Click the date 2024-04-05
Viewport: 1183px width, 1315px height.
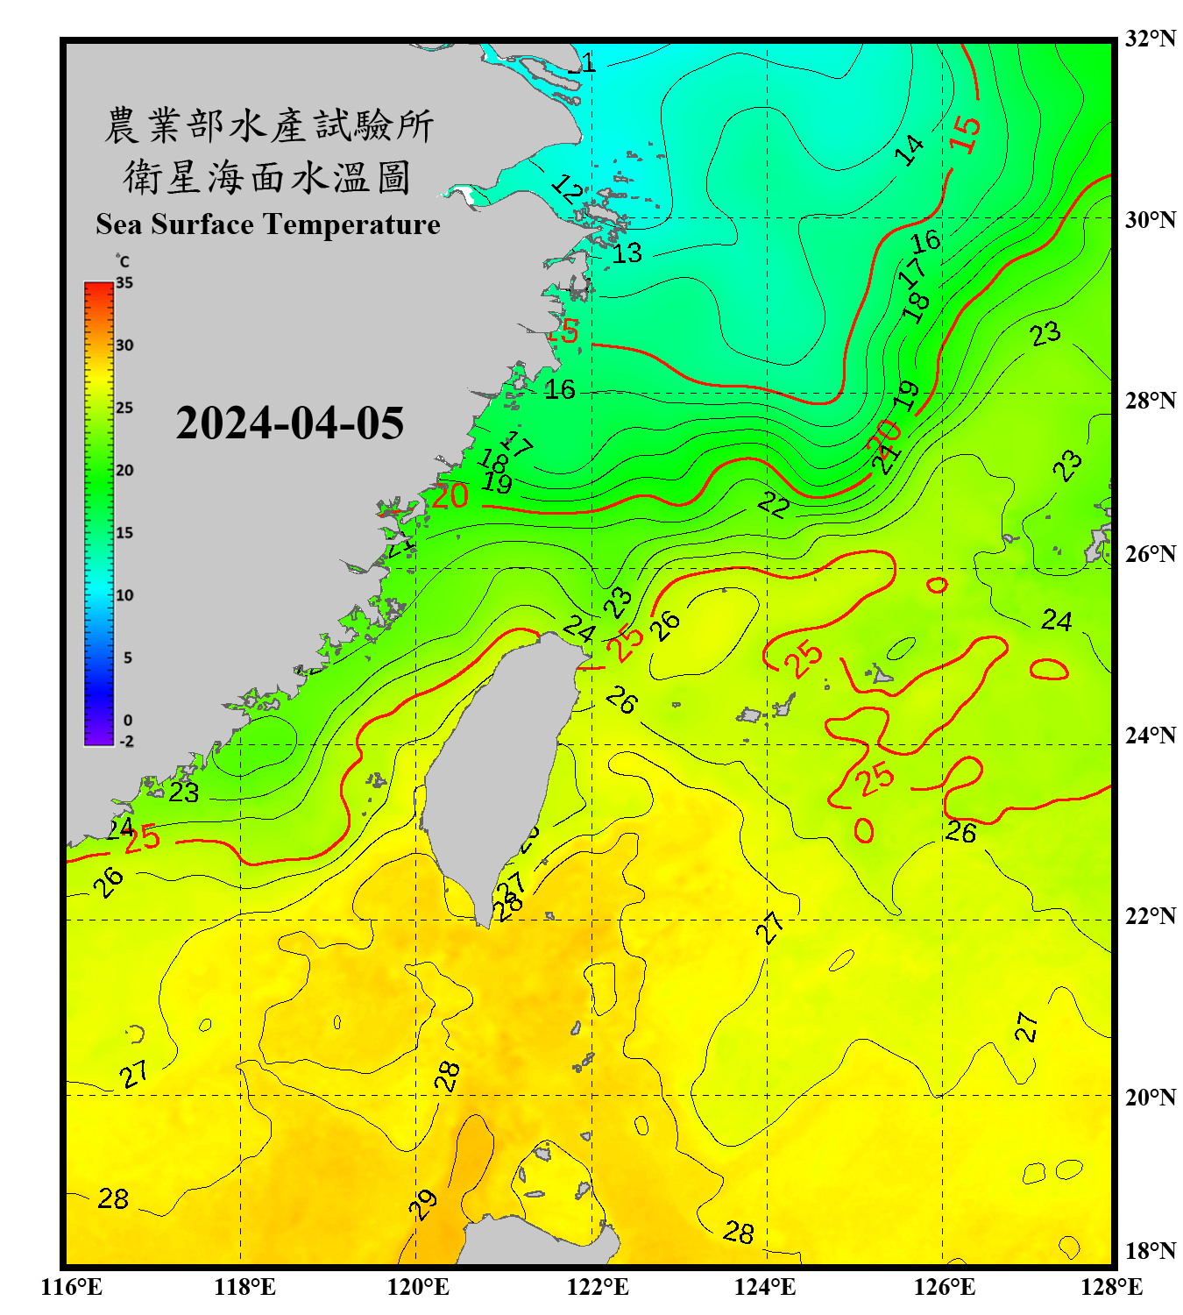click(289, 423)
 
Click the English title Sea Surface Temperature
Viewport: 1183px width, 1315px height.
click(267, 224)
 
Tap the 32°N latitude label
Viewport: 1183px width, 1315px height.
click(1150, 39)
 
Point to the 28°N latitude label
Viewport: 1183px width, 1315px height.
click(1150, 401)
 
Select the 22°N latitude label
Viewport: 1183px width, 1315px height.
click(1150, 916)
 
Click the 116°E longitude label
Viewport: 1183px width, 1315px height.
click(72, 1287)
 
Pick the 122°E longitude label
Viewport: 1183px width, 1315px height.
click(598, 1287)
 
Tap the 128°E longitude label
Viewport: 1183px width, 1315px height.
click(1111, 1287)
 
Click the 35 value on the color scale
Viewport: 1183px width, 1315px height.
click(124, 283)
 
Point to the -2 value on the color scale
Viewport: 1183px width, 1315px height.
click(126, 742)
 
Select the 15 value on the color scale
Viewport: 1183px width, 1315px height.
click(124, 533)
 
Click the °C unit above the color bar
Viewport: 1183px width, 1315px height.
click(123, 261)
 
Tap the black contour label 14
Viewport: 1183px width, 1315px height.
click(909, 150)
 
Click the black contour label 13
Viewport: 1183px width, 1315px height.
click(627, 253)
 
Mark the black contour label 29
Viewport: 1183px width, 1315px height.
click(423, 1205)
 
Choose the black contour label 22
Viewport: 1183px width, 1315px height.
click(774, 504)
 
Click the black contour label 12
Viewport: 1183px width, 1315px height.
click(567, 188)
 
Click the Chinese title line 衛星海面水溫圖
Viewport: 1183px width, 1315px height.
click(267, 177)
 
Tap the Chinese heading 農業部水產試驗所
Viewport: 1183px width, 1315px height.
click(269, 125)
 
